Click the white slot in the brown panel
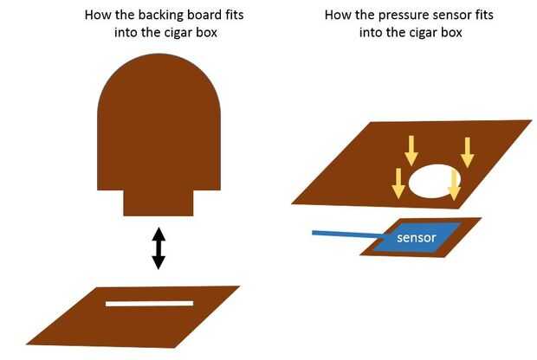click(149, 304)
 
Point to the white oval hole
click(433, 183)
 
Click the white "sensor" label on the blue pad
click(416, 236)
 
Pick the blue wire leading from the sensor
click(346, 235)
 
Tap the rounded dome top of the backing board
click(158, 95)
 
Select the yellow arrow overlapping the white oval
click(453, 183)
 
